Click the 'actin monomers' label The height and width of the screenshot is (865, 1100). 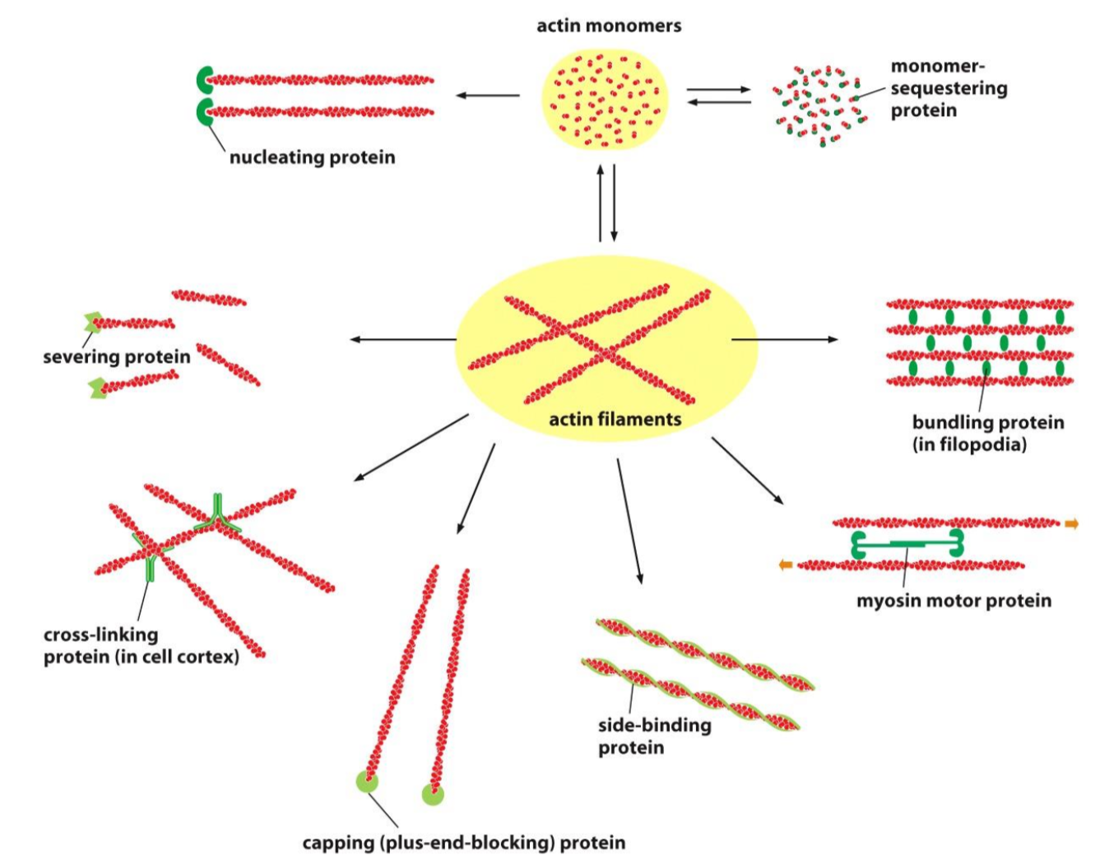(x=609, y=26)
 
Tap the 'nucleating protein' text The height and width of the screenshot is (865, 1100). (x=312, y=157)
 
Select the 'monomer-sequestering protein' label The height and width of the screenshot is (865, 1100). (x=949, y=88)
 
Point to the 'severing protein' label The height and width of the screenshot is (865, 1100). (x=116, y=357)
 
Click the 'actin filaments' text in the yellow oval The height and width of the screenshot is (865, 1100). (x=615, y=420)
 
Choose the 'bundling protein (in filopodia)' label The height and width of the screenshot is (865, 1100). (x=987, y=434)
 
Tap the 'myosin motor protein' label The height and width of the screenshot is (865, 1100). (x=954, y=601)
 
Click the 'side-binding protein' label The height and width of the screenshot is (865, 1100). (x=654, y=736)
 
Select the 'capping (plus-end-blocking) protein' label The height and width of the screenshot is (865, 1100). (x=463, y=843)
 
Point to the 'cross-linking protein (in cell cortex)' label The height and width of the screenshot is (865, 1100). (x=141, y=646)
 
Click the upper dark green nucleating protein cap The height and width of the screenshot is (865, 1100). (x=204, y=81)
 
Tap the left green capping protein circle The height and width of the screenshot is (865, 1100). (x=367, y=781)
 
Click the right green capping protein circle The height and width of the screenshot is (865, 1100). (x=433, y=794)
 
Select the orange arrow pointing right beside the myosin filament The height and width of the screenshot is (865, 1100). (x=1071, y=523)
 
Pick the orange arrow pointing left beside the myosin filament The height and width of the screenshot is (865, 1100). (x=786, y=565)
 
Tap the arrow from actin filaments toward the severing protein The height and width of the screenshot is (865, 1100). (x=402, y=339)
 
